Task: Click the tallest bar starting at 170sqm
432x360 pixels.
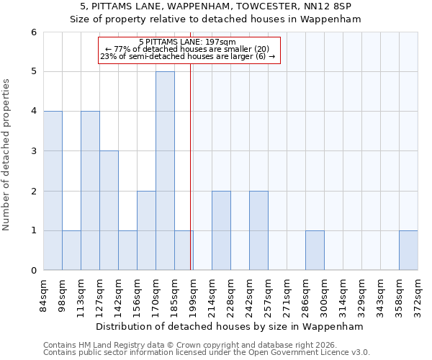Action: point(165,171)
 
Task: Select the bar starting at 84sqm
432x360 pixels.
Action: point(53,191)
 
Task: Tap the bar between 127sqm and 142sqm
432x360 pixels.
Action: point(109,210)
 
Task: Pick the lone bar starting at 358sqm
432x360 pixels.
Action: point(408,251)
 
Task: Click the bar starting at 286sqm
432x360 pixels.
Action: point(315,251)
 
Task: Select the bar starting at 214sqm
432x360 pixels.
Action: point(221,230)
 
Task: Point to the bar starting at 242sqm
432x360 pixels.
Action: point(258,230)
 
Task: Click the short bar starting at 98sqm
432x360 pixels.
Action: point(71,251)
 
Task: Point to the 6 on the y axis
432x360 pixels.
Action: point(33,32)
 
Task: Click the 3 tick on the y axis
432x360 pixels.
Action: point(33,151)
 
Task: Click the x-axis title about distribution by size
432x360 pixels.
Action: point(230,326)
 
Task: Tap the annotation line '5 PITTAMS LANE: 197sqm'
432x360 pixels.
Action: point(187,42)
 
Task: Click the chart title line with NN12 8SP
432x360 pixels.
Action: point(216,6)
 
